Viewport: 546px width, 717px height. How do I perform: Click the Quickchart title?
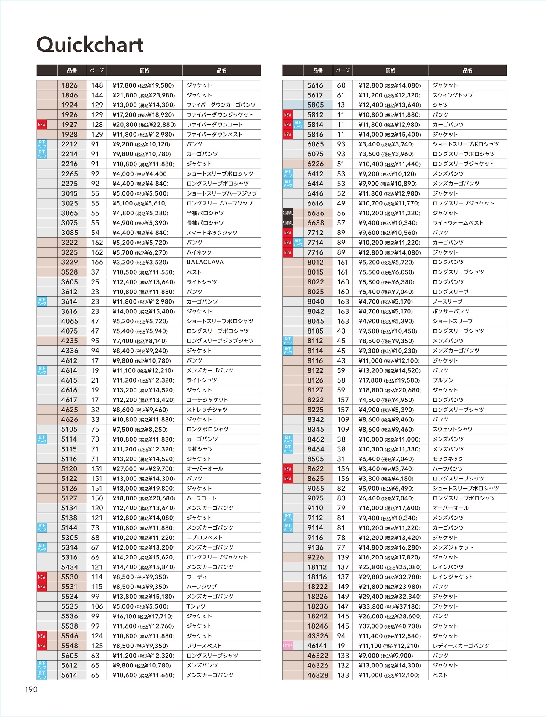click(90, 44)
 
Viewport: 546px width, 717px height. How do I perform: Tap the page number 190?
click(31, 689)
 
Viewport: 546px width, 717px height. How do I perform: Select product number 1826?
click(70, 85)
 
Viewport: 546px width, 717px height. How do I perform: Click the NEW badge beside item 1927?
click(41, 125)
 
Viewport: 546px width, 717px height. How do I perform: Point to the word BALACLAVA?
click(205, 262)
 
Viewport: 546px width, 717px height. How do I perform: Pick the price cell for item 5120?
click(144, 469)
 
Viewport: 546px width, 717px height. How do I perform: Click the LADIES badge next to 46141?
click(288, 646)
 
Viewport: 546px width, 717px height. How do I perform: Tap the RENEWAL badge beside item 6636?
click(288, 213)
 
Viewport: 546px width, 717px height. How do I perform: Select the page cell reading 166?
click(97, 262)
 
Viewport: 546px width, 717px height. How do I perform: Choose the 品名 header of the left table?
click(221, 70)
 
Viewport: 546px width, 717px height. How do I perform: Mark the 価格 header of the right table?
click(390, 70)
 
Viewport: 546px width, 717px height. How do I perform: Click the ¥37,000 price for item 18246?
click(390, 626)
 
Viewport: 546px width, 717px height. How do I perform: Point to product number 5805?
click(316, 105)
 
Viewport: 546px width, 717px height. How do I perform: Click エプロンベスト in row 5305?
click(204, 538)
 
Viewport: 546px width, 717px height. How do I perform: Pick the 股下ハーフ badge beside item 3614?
click(41, 301)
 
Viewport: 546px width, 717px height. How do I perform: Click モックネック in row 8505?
click(447, 459)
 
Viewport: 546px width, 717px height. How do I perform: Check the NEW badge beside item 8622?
click(288, 469)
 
